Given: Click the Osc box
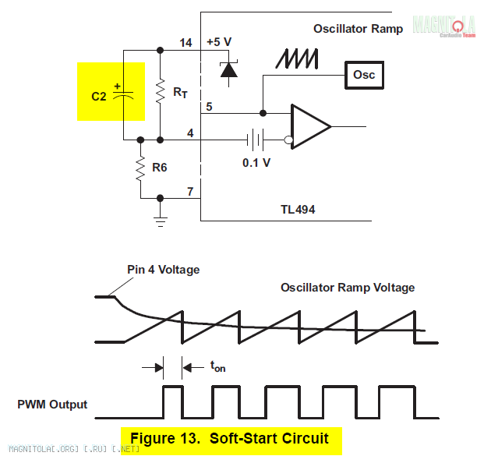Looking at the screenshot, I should pyautogui.click(x=364, y=75).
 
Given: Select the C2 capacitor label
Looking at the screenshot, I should pyautogui.click(x=99, y=97).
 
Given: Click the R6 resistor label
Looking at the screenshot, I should pyautogui.click(x=160, y=166).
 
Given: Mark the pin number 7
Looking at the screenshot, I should pyautogui.click(x=189, y=191).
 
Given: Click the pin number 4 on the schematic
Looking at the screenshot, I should pyautogui.click(x=189, y=133).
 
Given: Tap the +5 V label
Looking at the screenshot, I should pyautogui.click(x=220, y=42).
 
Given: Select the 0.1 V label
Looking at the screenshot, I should pyautogui.click(x=256, y=162).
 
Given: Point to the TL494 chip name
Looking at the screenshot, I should pyautogui.click(x=298, y=210).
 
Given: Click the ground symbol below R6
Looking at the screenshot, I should pyautogui.click(x=161, y=221).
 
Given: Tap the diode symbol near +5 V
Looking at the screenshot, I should pyautogui.click(x=228, y=69).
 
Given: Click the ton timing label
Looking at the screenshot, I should pyautogui.click(x=217, y=365).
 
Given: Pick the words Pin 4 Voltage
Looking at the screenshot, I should pyautogui.click(x=164, y=270).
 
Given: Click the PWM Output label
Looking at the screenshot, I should pyautogui.click(x=52, y=405).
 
